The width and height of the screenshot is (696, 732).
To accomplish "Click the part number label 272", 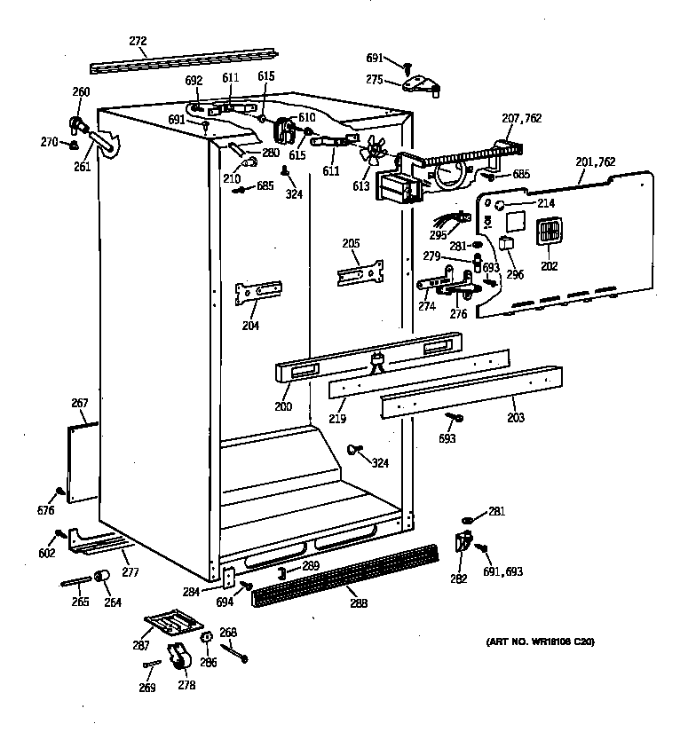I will coord(138,41).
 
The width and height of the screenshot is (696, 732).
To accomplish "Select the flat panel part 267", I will coord(82,460).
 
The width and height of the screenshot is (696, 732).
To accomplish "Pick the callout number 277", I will coord(130,571).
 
